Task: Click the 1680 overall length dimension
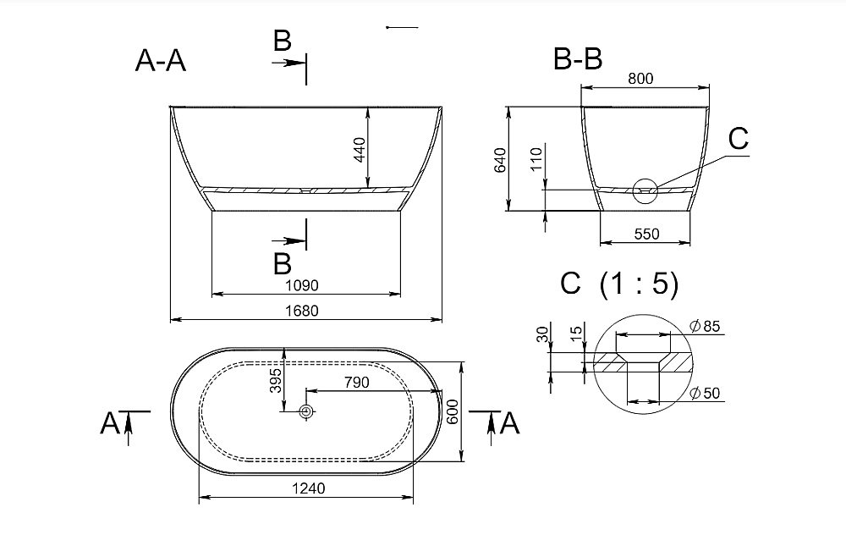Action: (302, 311)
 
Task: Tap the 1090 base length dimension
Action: (302, 285)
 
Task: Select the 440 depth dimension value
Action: (360, 150)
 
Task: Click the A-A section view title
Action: (160, 60)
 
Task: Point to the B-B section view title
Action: (578, 58)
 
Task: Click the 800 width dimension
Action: (640, 79)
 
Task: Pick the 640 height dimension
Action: (500, 160)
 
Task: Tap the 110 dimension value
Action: (536, 159)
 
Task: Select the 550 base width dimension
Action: (646, 234)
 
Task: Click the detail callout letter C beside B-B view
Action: (738, 139)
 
